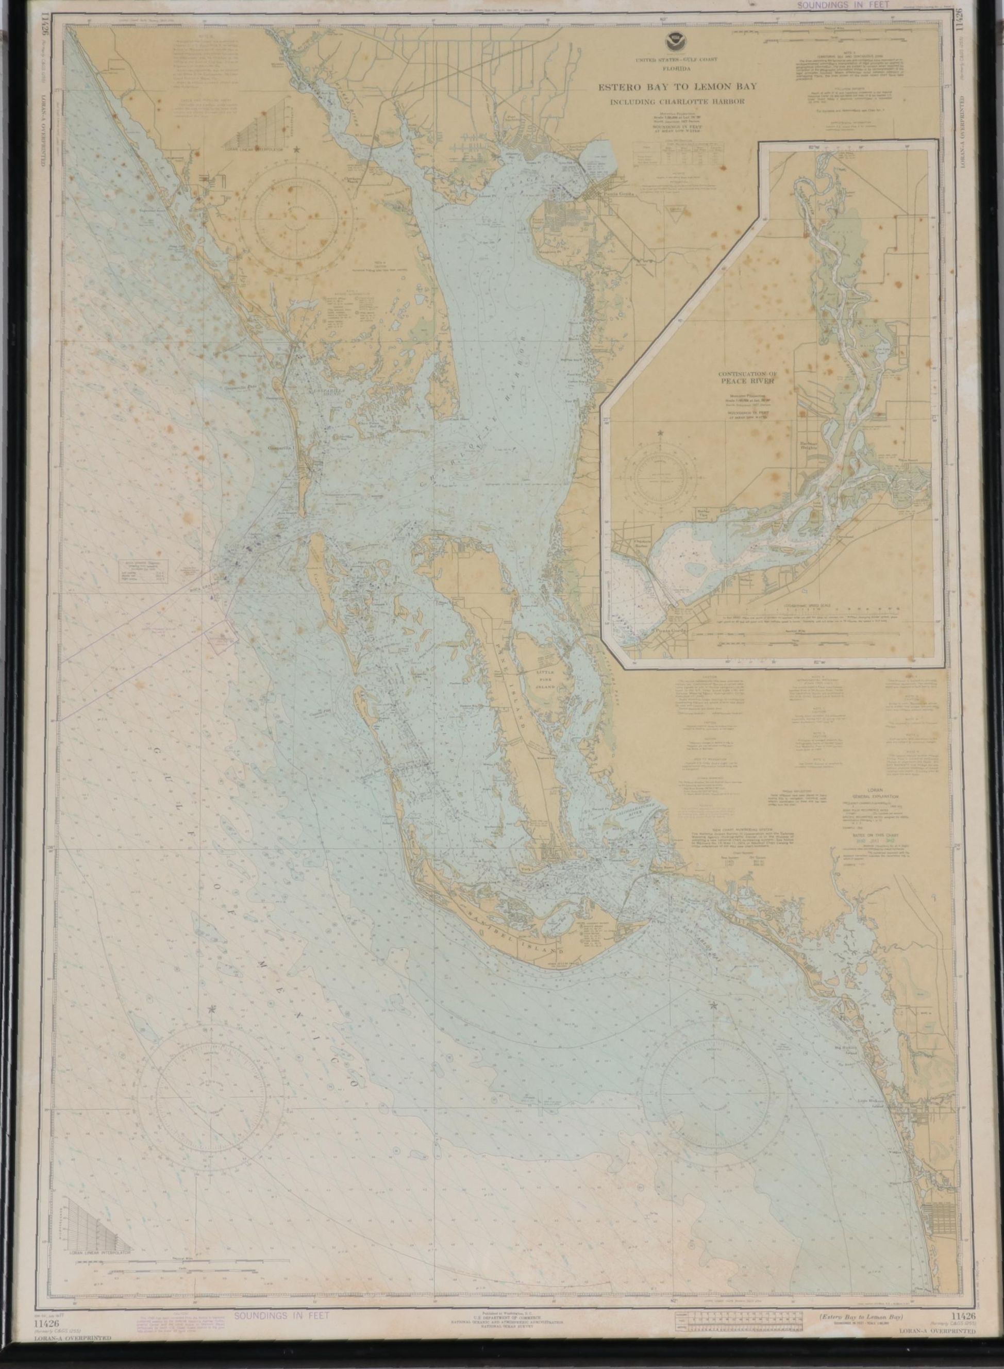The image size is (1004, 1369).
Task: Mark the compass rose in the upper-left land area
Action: (295, 215)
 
